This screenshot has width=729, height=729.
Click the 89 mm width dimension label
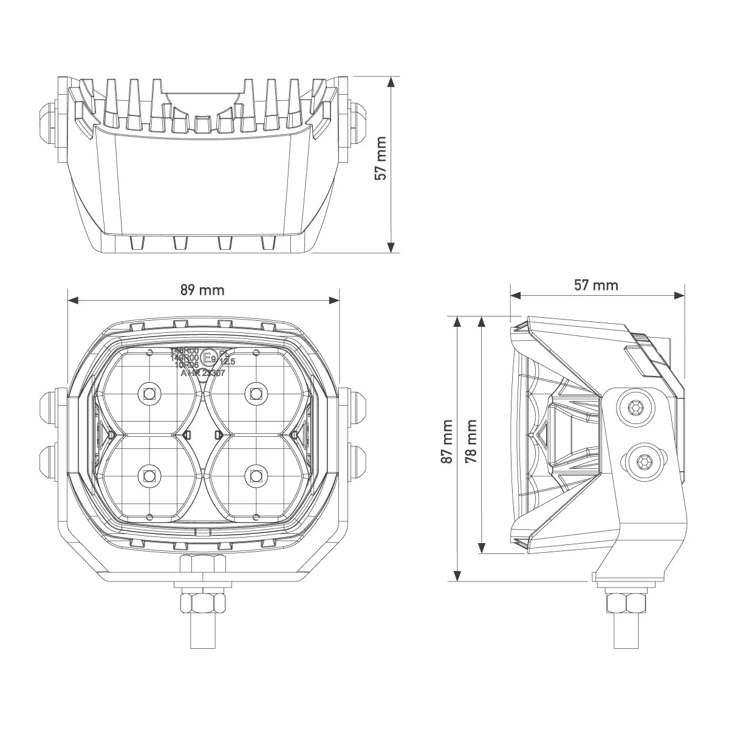coord(202,290)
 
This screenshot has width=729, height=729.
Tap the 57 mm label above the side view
coord(596,285)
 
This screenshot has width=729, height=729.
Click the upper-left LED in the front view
coord(149,394)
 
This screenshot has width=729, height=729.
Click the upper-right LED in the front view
coord(256,394)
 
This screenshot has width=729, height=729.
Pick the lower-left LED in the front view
coord(149,475)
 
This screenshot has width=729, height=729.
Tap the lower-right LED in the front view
coord(256,475)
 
